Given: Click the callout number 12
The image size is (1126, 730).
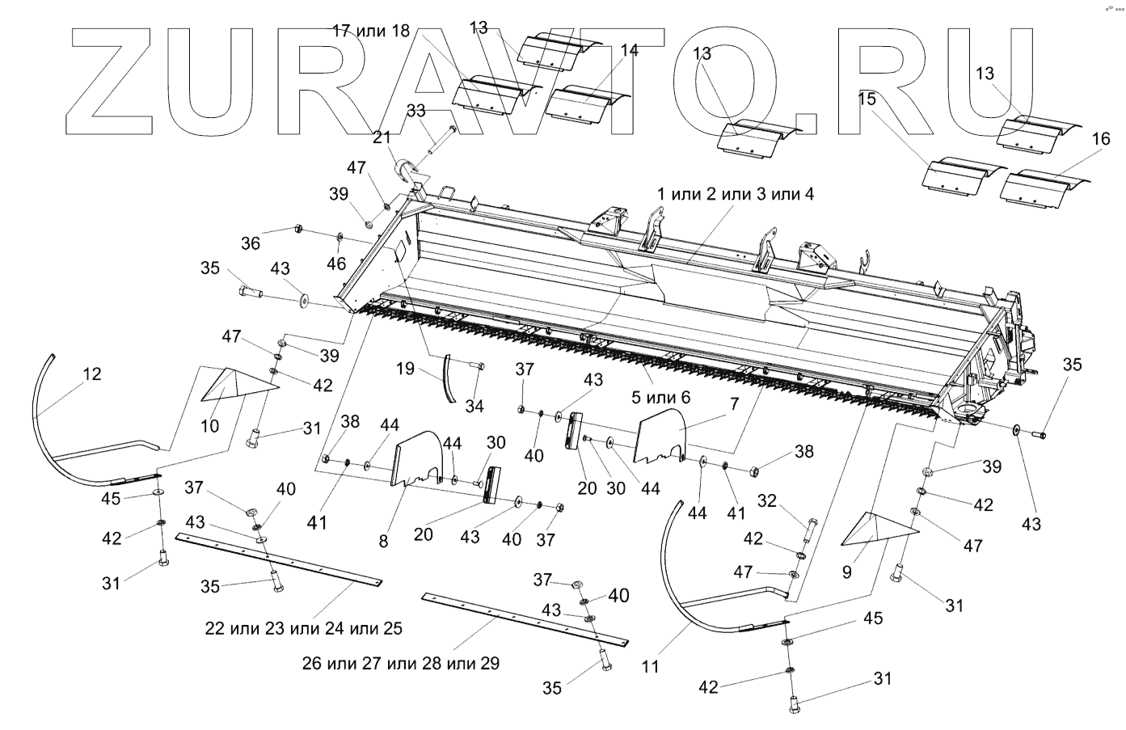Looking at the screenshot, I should [x=92, y=373].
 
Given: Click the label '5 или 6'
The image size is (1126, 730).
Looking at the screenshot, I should [x=662, y=397].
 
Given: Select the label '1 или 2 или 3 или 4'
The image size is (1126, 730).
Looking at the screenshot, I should [x=736, y=194].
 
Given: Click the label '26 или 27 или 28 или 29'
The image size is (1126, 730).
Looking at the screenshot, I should [x=401, y=664].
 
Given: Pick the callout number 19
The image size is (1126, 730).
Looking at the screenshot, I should [x=405, y=369].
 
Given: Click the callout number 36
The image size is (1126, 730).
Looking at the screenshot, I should [x=251, y=242].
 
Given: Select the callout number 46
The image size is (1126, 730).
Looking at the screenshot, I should [x=336, y=264].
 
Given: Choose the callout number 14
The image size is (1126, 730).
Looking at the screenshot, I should [x=629, y=50].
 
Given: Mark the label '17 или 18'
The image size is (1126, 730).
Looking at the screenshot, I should [x=372, y=31].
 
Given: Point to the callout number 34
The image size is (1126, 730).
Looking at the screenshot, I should [x=474, y=404].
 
